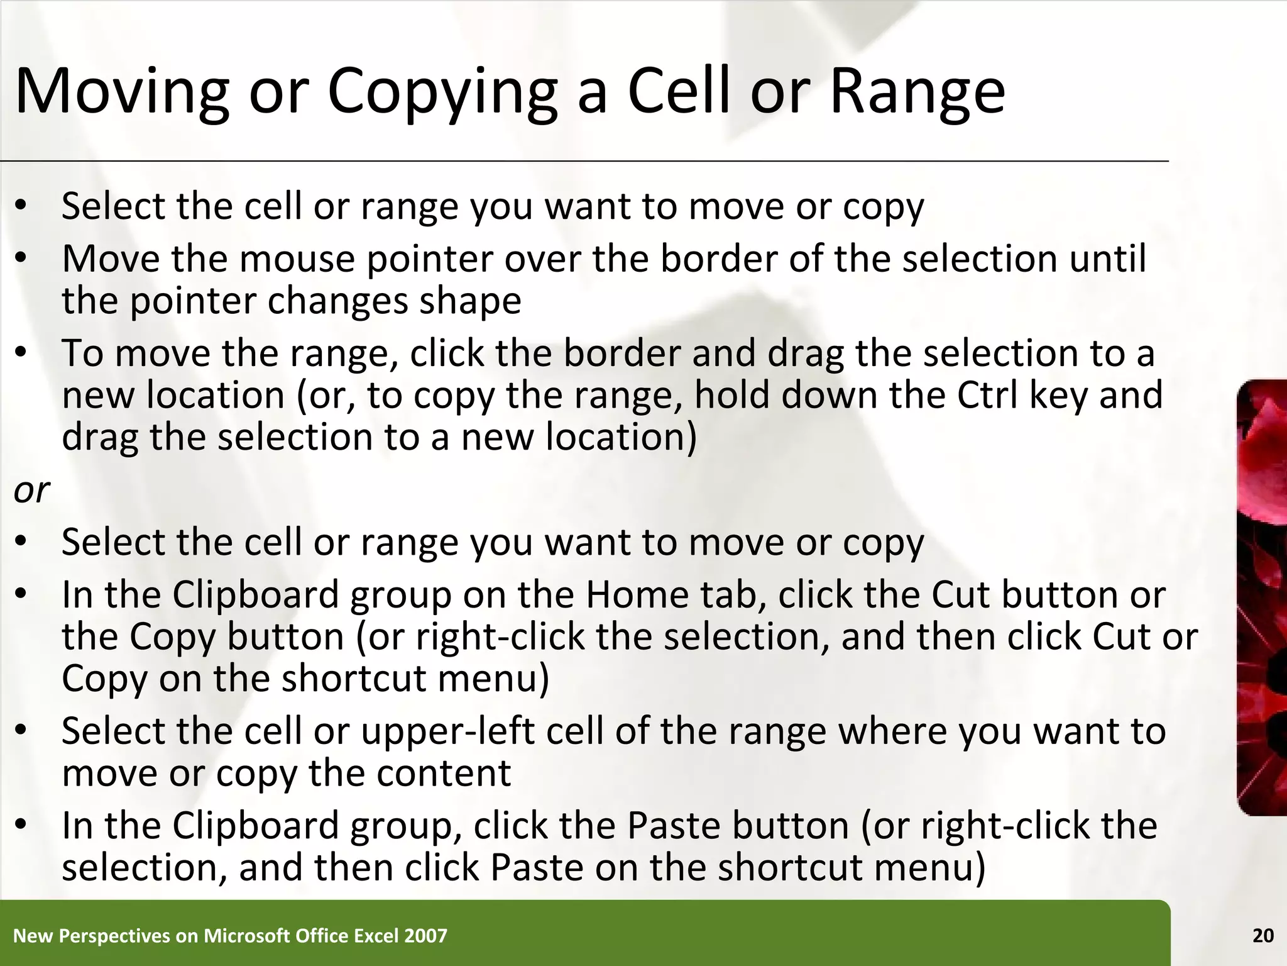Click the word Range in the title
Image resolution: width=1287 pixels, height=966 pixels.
(917, 92)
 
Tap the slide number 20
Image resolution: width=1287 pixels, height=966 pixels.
(1262, 936)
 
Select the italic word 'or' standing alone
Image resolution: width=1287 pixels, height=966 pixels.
(31, 490)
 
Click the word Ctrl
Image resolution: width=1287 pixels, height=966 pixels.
(987, 395)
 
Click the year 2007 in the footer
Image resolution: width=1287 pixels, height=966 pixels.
(425, 936)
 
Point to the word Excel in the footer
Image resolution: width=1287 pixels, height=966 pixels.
(376, 936)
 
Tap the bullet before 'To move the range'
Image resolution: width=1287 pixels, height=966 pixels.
(21, 353)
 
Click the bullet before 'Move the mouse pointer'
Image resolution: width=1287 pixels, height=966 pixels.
(21, 259)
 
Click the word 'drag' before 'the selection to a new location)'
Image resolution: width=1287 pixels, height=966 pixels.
(99, 438)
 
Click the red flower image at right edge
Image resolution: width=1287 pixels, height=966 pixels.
(1262, 597)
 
